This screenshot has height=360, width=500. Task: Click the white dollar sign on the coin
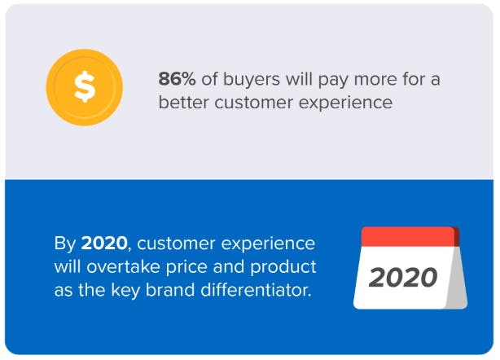[85, 86]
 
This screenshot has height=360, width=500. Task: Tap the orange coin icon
[85, 87]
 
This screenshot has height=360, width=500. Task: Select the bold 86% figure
[177, 79]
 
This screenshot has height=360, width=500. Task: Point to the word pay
[333, 81]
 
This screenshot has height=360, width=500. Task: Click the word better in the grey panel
[184, 103]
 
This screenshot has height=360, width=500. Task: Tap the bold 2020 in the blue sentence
[104, 244]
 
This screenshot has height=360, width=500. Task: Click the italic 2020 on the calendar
[403, 278]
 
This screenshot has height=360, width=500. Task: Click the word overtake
[123, 266]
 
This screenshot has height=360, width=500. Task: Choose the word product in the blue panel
[283, 268]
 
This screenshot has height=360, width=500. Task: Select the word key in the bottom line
[125, 292]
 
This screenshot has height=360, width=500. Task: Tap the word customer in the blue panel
[176, 244]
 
